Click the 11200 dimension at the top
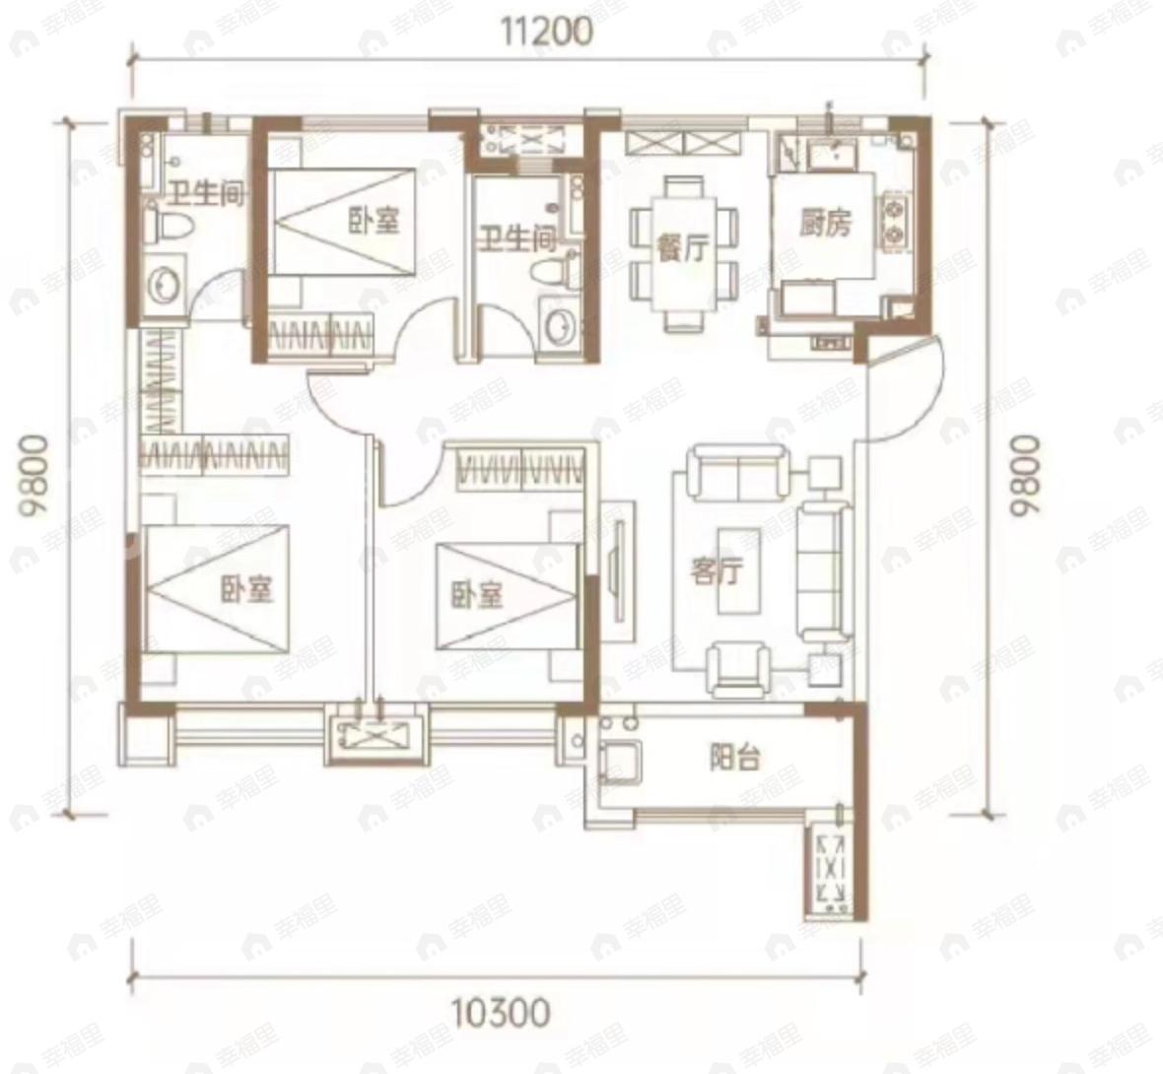point(547,32)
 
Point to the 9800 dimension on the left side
point(35,476)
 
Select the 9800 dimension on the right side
point(1027,475)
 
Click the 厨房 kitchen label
point(825,222)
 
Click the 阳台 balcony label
point(735,758)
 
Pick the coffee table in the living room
point(739,571)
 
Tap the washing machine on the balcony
point(619,761)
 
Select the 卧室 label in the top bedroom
point(374,221)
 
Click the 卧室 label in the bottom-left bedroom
point(247,588)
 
